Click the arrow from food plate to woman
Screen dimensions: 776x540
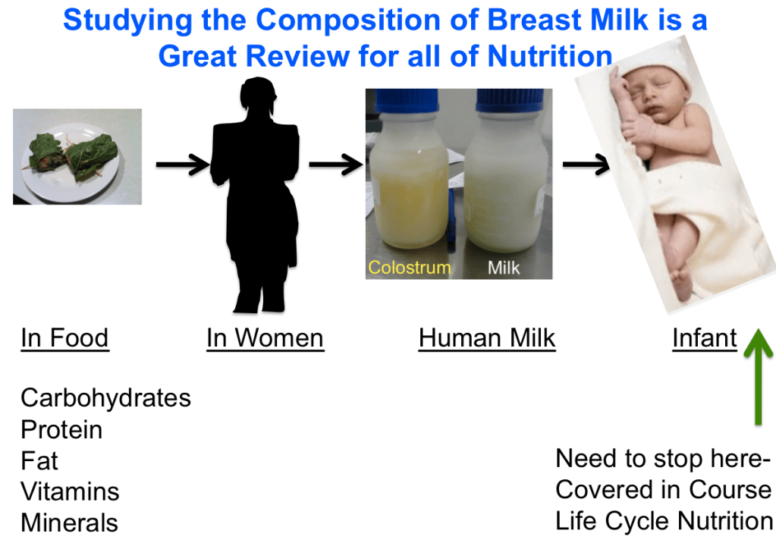click(x=183, y=165)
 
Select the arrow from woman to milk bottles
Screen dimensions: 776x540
click(x=336, y=165)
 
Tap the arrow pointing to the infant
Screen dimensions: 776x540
click(x=586, y=165)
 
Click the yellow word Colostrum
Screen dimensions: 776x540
click(x=410, y=267)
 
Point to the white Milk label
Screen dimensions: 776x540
click(x=504, y=268)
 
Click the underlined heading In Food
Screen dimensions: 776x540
click(x=64, y=338)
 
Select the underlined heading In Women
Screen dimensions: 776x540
click(x=265, y=338)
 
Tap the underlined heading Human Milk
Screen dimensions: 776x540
click(x=487, y=338)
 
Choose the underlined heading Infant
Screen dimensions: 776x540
click(x=705, y=338)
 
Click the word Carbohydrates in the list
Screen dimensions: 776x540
click(x=106, y=398)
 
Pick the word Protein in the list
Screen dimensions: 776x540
click(x=62, y=429)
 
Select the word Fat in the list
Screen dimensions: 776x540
click(x=39, y=461)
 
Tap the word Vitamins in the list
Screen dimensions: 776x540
click(x=71, y=492)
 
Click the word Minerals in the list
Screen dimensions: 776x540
click(x=70, y=523)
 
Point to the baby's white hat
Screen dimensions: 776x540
click(x=653, y=69)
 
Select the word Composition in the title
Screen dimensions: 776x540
click(x=348, y=20)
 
